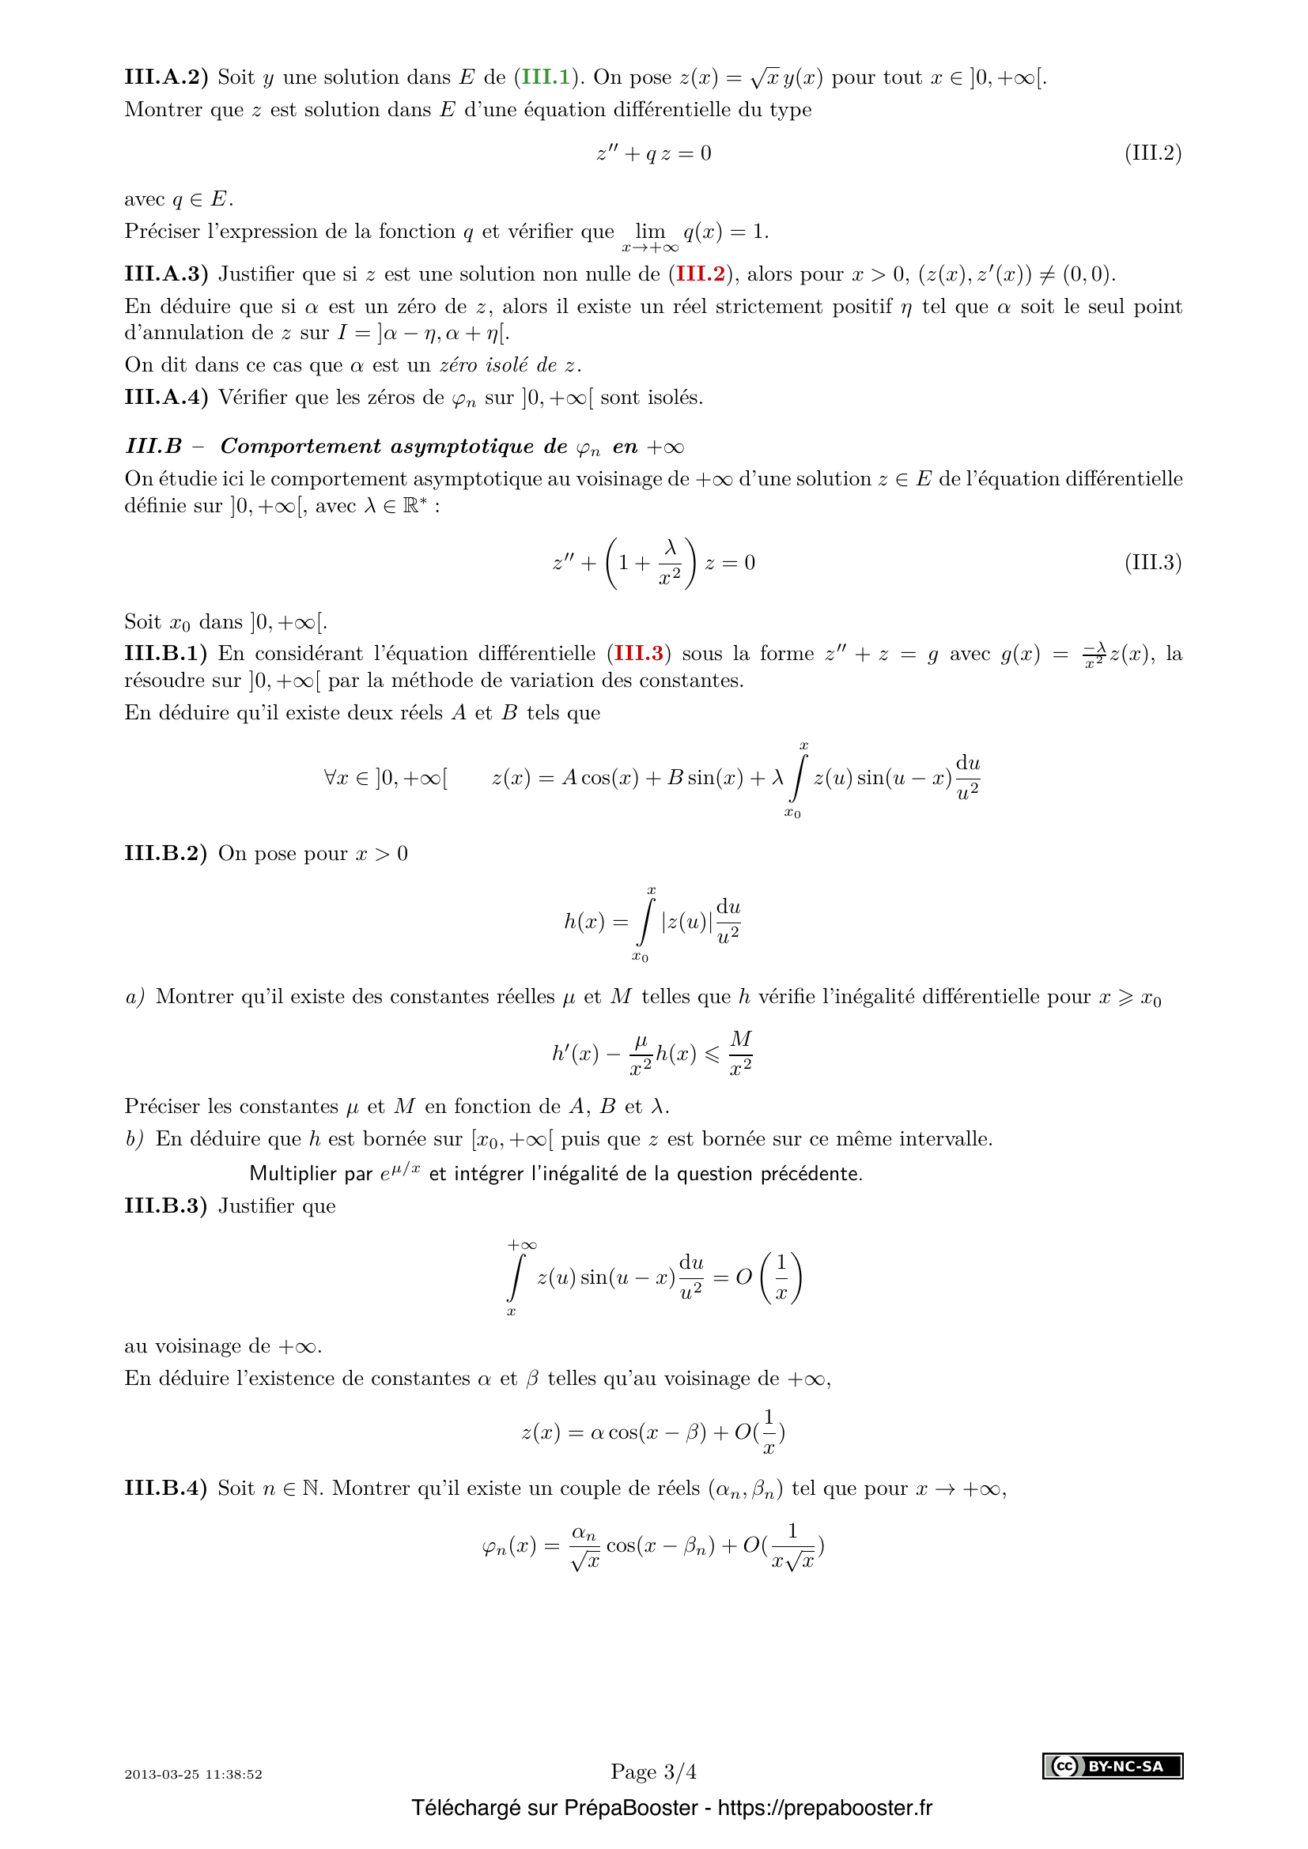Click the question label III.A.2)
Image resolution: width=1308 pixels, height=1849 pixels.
click(166, 77)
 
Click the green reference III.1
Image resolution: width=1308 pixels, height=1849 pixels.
click(546, 77)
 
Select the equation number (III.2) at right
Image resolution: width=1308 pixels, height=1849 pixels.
click(1152, 153)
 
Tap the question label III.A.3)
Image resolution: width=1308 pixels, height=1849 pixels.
click(166, 274)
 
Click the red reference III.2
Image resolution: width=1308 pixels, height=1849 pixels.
click(700, 274)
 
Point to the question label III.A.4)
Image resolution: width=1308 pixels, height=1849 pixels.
click(166, 397)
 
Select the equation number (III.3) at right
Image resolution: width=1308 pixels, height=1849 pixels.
click(1152, 562)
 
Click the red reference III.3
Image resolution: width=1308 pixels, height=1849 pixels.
click(639, 653)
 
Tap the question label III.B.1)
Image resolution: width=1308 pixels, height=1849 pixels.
click(165, 653)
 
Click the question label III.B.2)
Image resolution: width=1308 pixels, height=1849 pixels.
click(165, 853)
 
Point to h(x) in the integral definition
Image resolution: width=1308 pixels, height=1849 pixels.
click(584, 921)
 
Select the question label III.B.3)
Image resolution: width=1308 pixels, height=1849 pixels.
click(165, 1206)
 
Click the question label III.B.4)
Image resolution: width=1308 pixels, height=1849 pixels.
click(165, 1489)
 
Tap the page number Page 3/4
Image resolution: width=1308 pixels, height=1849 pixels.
click(653, 1772)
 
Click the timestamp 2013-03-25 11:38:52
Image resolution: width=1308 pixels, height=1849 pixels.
click(193, 1774)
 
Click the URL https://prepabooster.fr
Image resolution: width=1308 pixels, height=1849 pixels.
click(825, 1808)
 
